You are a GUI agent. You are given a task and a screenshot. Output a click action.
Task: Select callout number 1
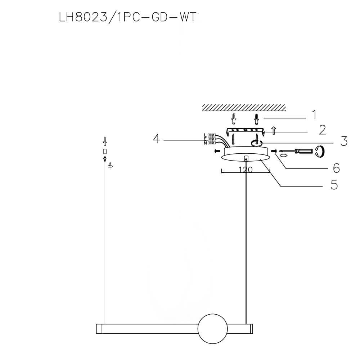pos(314,115)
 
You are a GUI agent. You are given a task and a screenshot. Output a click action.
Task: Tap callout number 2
pos(322,130)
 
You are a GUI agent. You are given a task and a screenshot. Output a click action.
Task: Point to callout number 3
pos(344,141)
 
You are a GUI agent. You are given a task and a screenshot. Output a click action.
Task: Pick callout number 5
pos(334,185)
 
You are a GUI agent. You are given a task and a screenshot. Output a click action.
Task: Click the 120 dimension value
pos(245,170)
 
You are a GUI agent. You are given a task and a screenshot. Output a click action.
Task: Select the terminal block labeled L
pos(212,135)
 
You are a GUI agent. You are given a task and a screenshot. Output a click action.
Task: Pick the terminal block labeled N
pos(212,143)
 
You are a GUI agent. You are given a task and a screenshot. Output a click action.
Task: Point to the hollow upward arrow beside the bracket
pos(273,130)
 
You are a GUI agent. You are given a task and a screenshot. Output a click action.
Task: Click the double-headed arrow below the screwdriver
pos(284,156)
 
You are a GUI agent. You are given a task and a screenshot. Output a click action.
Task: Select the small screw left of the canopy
pos(217,151)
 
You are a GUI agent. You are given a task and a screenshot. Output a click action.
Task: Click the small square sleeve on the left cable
pos(105,151)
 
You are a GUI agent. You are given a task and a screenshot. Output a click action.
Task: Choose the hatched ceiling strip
pos(244,108)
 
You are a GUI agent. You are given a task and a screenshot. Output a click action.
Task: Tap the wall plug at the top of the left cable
pos(105,140)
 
